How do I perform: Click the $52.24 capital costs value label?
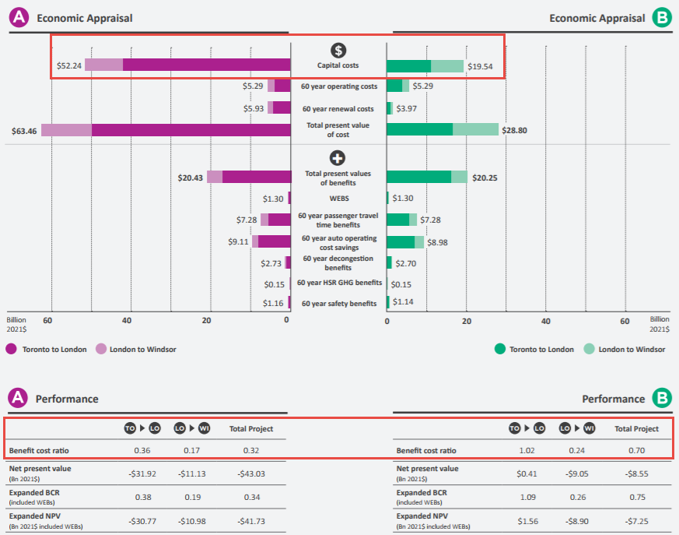[69, 65]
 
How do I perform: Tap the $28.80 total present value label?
[514, 130]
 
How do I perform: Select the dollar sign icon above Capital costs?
[338, 51]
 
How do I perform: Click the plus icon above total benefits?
[338, 157]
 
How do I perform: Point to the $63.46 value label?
[25, 130]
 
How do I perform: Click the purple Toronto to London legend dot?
[12, 349]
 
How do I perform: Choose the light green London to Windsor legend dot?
[590, 349]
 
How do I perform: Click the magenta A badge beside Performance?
[18, 399]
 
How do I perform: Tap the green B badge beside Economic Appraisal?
[662, 18]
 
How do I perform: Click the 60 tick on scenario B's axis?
[625, 320]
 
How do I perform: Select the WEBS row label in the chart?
[338, 199]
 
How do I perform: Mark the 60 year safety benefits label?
[338, 304]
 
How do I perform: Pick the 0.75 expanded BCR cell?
[636, 496]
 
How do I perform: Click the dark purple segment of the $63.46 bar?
[191, 130]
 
